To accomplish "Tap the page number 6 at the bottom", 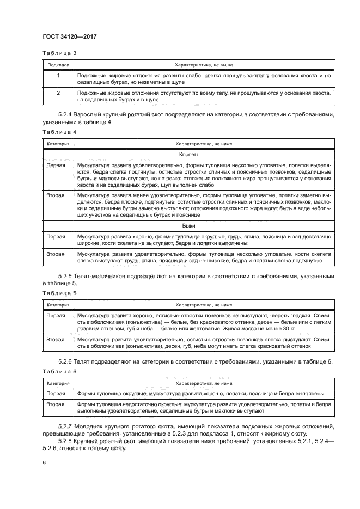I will click(45, 462).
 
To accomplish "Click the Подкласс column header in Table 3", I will click(58, 64).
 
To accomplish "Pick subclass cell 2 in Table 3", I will click(58, 93).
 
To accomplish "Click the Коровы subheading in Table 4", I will click(203, 155).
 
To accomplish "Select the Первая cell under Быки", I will click(56, 237).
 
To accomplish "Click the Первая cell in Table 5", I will click(56, 315).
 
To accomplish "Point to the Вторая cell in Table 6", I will click(56, 404).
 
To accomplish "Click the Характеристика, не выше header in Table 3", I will click(203, 64).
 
